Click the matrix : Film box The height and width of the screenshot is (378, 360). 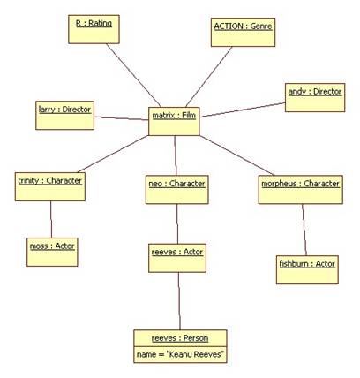pyautogui.click(x=174, y=121)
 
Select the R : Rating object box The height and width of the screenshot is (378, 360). pyautogui.click(x=94, y=29)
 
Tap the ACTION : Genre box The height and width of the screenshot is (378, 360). pyautogui.click(x=243, y=33)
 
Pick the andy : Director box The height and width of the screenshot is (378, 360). pyautogui.click(x=315, y=98)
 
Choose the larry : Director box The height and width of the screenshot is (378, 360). pyautogui.click(x=65, y=116)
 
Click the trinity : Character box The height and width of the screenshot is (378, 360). pyautogui.click(x=50, y=186)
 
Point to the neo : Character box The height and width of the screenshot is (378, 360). pyautogui.click(x=177, y=190)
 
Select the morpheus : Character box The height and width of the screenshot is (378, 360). pyautogui.click(x=301, y=190)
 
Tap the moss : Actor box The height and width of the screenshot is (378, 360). pyautogui.click(x=52, y=252)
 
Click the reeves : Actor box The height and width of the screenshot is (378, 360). pyautogui.click(x=177, y=258)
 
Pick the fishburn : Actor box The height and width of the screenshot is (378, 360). pyautogui.click(x=307, y=269)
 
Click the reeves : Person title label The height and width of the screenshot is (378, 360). pyautogui.click(x=180, y=338)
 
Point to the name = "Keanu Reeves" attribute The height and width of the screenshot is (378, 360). pyautogui.click(x=181, y=354)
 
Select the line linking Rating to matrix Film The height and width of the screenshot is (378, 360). pyautogui.click(x=134, y=75)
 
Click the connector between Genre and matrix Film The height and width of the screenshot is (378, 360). pyautogui.click(x=209, y=77)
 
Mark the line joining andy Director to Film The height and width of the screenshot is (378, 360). pyautogui.click(x=243, y=110)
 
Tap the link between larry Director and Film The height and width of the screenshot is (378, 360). pyautogui.click(x=122, y=118)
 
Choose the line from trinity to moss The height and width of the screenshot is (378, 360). pyautogui.click(x=51, y=219)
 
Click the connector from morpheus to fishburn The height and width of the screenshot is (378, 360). pyautogui.click(x=304, y=230)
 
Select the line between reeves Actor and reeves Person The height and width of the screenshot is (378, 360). pyautogui.click(x=179, y=301)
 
